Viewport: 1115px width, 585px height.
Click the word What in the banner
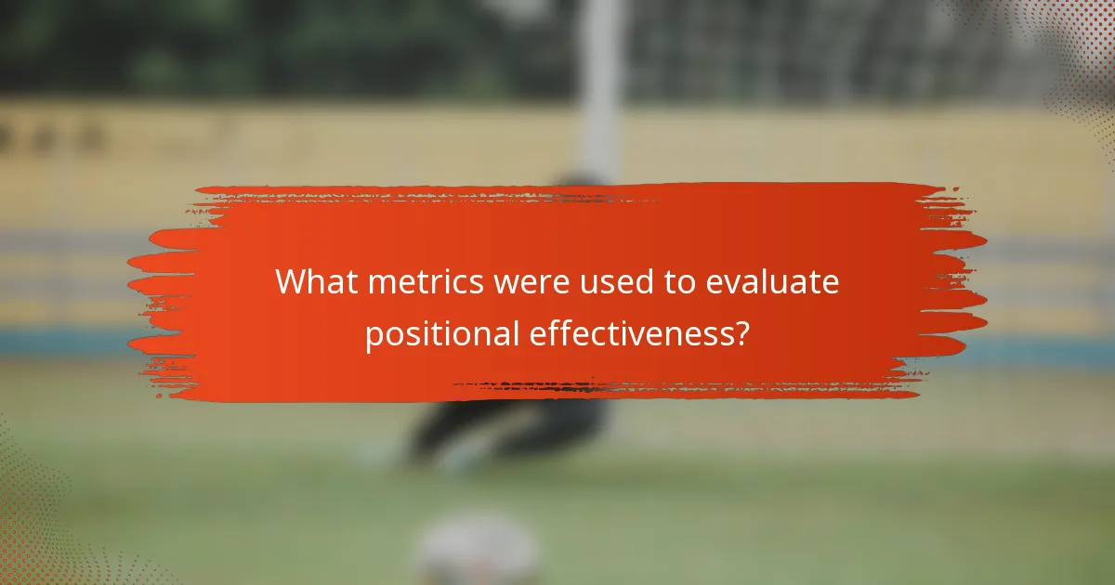315,282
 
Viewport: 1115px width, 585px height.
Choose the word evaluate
772,282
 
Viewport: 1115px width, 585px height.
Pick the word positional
442,334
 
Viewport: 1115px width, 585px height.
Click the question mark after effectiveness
741,334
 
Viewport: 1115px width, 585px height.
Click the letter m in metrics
379,284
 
